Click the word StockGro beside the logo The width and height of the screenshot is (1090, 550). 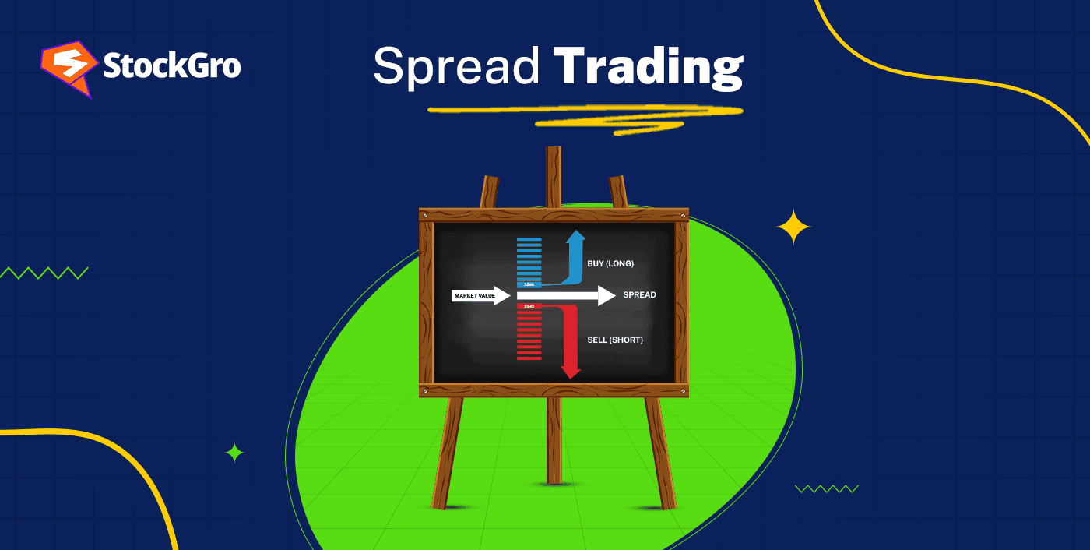(172, 66)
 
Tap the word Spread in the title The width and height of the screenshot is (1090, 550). (455, 67)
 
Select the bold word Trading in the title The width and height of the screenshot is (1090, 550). (648, 69)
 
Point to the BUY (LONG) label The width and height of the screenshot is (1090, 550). (610, 263)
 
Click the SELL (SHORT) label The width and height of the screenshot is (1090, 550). (614, 340)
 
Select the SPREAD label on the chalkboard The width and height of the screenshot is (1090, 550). (639, 295)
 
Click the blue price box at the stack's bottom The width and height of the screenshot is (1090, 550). (529, 285)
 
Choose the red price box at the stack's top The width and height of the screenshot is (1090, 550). (529, 306)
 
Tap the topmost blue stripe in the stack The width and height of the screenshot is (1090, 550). (529, 239)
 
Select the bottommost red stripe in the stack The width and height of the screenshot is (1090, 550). (529, 358)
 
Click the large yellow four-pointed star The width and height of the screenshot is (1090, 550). (793, 227)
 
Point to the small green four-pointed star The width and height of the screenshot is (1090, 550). (234, 453)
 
